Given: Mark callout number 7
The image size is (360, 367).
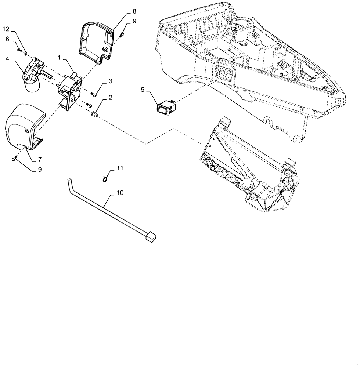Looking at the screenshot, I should (39, 160).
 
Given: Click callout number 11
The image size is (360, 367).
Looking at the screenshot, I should (119, 168).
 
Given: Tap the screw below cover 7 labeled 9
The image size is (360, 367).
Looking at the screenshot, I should (14, 159).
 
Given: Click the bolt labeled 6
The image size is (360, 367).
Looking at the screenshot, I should (19, 49).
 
